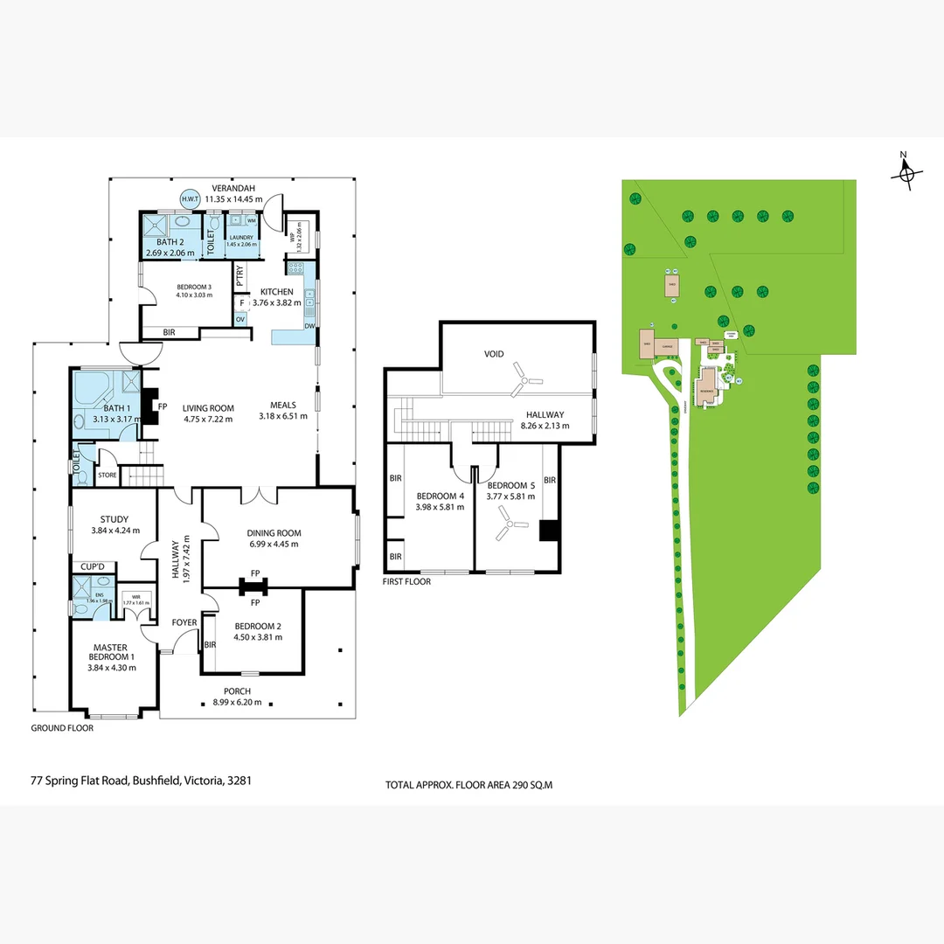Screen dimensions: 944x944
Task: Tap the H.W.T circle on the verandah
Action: [190, 199]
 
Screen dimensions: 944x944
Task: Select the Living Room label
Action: [208, 408]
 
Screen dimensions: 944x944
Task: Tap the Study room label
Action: [115, 519]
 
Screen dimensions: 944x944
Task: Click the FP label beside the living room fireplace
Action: [162, 406]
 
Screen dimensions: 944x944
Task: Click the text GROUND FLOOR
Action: [62, 727]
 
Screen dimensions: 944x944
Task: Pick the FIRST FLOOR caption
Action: [407, 581]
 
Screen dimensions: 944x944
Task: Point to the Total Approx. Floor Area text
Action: [469, 785]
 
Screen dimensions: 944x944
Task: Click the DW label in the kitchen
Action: [309, 326]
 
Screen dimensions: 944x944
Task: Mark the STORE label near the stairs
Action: [107, 475]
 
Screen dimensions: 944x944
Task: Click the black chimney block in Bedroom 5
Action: [548, 531]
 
